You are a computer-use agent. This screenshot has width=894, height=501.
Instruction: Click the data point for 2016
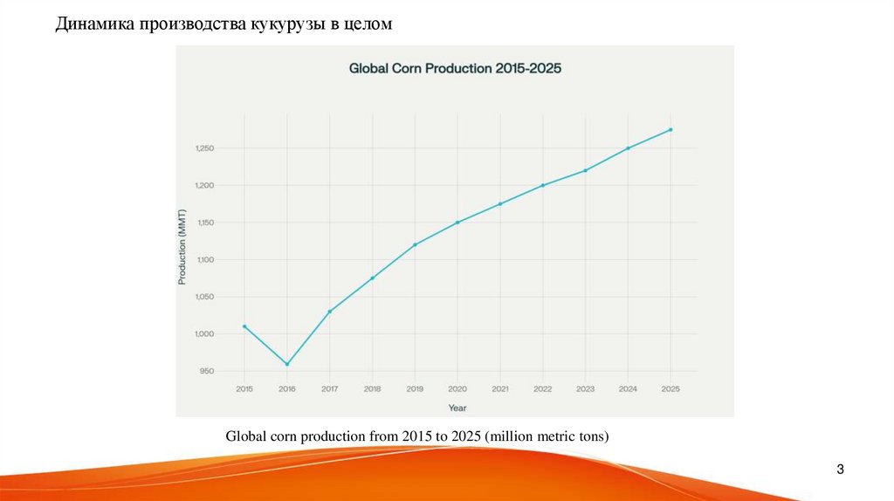tap(287, 364)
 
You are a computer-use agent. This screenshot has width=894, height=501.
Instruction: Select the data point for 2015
tap(244, 326)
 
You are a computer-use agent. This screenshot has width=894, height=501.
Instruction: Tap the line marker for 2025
tap(670, 130)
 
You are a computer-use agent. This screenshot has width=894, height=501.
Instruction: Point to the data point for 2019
tap(415, 244)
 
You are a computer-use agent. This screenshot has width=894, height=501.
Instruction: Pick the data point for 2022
tap(543, 185)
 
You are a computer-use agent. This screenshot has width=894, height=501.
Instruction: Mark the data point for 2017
tap(330, 312)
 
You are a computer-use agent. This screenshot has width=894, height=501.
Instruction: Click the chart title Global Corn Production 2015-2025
tap(455, 67)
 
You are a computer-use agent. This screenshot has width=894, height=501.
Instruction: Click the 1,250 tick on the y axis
tap(203, 148)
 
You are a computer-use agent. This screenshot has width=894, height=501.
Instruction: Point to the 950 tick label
tap(206, 371)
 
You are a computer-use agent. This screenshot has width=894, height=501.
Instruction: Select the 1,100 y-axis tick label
tap(203, 260)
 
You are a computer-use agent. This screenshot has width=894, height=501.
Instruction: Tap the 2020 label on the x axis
tap(457, 388)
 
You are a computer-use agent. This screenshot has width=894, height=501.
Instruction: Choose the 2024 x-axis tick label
tap(628, 388)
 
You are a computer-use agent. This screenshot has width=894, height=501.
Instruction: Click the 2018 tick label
tap(373, 388)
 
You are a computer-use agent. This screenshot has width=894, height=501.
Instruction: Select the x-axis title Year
tap(457, 408)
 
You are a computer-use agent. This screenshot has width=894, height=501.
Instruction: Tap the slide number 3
tap(840, 470)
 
